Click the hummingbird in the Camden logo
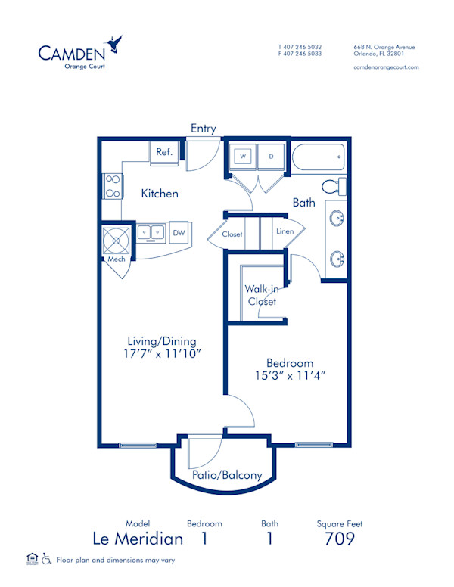click(x=114, y=42)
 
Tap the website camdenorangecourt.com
click(x=386, y=67)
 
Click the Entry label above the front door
click(x=204, y=129)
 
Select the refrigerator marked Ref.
click(x=164, y=152)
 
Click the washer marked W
click(x=244, y=157)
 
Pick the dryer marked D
click(x=271, y=157)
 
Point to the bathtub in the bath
click(x=319, y=158)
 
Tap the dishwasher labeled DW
click(x=179, y=233)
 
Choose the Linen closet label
click(x=285, y=231)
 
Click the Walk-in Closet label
click(x=260, y=295)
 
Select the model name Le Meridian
click(x=138, y=539)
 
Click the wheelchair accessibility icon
click(x=46, y=560)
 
